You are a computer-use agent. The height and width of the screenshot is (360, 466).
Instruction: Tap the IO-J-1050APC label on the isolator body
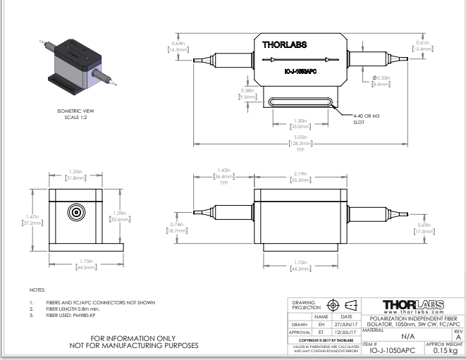pos(300,71)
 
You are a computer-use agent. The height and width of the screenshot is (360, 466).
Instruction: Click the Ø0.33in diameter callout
pos(381,80)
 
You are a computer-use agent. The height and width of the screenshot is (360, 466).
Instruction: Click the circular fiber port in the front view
pos(75,211)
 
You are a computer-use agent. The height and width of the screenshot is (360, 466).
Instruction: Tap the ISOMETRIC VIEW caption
pos(75,111)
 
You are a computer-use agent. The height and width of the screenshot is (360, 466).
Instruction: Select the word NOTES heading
pos(37,290)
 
